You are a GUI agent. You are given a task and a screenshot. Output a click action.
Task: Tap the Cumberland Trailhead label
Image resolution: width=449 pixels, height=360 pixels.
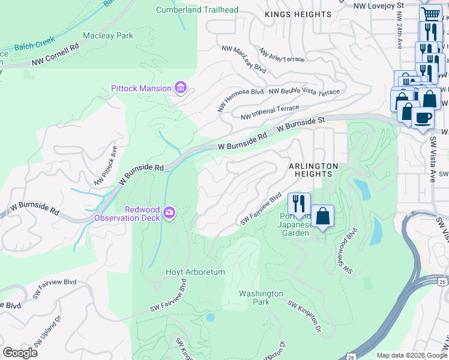[197, 10]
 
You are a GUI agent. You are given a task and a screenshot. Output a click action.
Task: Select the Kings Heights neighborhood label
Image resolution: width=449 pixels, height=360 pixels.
[298, 14]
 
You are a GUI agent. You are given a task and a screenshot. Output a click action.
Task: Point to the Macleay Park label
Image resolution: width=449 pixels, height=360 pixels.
[108, 36]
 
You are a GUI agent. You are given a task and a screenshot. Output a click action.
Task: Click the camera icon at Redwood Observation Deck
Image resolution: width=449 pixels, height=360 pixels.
[169, 212]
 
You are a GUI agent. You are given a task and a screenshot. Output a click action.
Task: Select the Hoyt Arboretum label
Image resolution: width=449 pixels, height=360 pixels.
[195, 272]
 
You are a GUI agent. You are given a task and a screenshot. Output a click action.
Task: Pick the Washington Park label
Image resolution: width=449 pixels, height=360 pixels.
[261, 298]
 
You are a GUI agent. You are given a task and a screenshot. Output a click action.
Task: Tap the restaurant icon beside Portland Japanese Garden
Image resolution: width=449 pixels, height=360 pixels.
[298, 203]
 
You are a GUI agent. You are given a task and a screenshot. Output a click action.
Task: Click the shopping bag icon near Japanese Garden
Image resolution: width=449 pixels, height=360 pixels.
[322, 216]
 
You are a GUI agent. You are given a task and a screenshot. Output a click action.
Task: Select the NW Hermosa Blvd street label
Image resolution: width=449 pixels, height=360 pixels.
[243, 92]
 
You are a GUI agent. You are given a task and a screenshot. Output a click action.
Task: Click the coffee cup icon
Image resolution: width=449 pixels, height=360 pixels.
[422, 117]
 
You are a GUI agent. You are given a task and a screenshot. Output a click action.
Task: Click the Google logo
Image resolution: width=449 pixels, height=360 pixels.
[20, 353]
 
